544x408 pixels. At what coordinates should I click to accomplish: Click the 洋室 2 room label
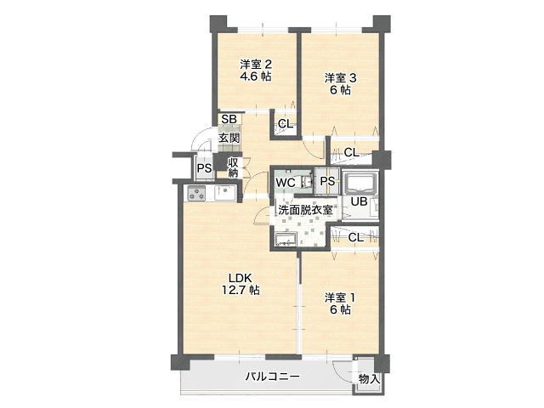click(256, 65)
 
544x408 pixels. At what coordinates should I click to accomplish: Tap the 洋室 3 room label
click(340, 77)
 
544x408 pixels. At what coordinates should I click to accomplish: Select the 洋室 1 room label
click(340, 297)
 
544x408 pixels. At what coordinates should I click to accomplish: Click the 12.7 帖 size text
click(241, 290)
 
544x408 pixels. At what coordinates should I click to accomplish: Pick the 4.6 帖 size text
click(256, 76)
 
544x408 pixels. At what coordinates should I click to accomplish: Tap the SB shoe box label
click(229, 119)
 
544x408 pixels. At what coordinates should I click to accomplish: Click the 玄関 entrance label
click(229, 138)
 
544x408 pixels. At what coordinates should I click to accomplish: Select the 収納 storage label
click(233, 167)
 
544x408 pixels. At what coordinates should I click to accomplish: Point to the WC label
click(286, 183)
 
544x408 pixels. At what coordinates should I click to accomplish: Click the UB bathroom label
click(359, 201)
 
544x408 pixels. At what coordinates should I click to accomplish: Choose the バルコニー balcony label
click(273, 377)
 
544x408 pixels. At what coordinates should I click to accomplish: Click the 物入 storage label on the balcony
click(370, 379)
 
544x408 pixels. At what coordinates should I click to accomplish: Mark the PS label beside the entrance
click(204, 168)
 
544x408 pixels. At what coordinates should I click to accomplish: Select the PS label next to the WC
click(327, 181)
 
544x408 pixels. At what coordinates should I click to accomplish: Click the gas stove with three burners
click(196, 193)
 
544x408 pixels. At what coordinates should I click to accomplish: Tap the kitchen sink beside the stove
click(225, 193)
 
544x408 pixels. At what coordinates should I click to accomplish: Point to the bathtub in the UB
click(361, 183)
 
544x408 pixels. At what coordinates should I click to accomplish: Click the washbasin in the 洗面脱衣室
click(286, 239)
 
